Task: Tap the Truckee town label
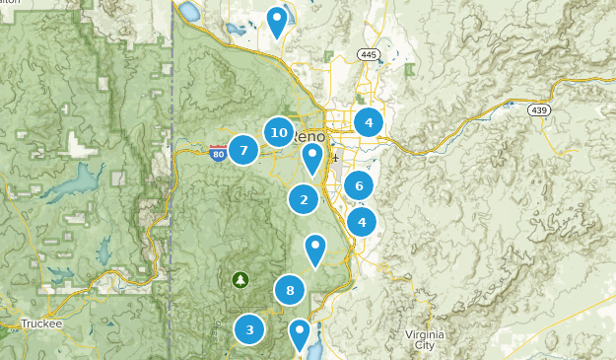pyautogui.click(x=41, y=323)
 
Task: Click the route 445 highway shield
pyautogui.click(x=369, y=54)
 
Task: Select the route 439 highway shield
pyautogui.click(x=537, y=109)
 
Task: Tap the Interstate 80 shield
pyautogui.click(x=218, y=152)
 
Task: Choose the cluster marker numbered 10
pyautogui.click(x=279, y=132)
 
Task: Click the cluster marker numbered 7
pyautogui.click(x=243, y=150)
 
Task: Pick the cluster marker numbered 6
pyautogui.click(x=360, y=185)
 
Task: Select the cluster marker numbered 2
pyautogui.click(x=304, y=199)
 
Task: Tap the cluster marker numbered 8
pyautogui.click(x=290, y=290)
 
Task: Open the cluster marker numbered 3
pyautogui.click(x=250, y=329)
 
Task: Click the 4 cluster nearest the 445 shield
pyautogui.click(x=369, y=123)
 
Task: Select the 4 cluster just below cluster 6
pyautogui.click(x=362, y=222)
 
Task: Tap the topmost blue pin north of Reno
pyautogui.click(x=278, y=20)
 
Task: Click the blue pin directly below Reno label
pyautogui.click(x=312, y=157)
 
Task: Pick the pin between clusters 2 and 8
pyautogui.click(x=315, y=248)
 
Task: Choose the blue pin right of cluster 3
pyautogui.click(x=299, y=333)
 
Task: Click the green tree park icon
pyautogui.click(x=240, y=280)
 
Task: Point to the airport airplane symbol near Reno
pyautogui.click(x=336, y=157)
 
